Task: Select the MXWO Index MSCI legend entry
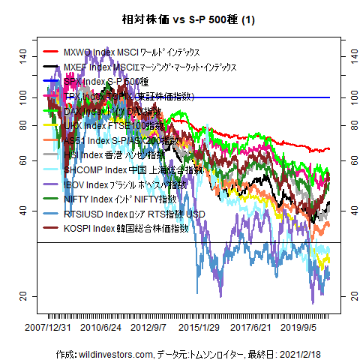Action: tap(132, 52)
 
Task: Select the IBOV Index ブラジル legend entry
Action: tap(125, 184)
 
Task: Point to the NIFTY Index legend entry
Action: tap(120, 199)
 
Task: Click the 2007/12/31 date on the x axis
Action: tap(49, 328)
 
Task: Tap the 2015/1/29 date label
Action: tap(198, 328)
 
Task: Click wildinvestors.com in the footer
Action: tap(105, 352)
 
